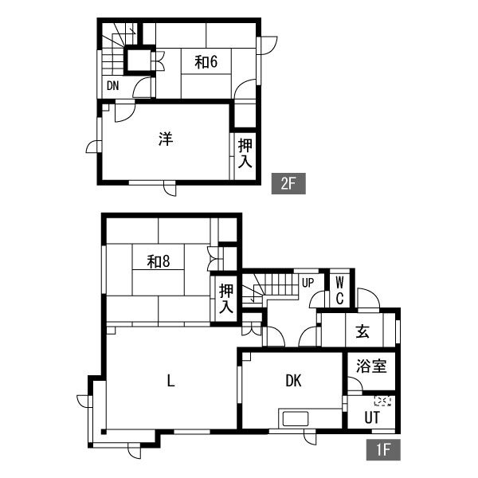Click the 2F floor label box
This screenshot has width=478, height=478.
[x=288, y=183]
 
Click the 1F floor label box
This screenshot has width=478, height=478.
[x=383, y=449]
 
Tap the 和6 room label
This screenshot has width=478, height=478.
[x=206, y=62]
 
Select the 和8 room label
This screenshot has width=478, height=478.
[x=159, y=261]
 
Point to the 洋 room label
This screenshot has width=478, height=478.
[x=166, y=139]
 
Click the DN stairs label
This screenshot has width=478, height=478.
[x=113, y=86]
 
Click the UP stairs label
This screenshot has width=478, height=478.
[x=308, y=283]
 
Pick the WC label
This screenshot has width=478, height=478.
[x=339, y=291]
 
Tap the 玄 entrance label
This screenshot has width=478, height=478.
[x=362, y=331]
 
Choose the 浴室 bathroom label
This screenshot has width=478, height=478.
[x=371, y=366]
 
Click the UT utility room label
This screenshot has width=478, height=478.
[x=372, y=417]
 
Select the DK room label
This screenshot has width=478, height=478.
[x=293, y=381]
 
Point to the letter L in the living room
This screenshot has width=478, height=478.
[x=171, y=381]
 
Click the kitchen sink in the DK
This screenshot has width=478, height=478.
[x=296, y=418]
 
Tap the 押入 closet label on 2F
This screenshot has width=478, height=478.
[x=245, y=153]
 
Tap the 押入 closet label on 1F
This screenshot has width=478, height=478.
[x=226, y=299]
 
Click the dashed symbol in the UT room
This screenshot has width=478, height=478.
[x=382, y=401]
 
